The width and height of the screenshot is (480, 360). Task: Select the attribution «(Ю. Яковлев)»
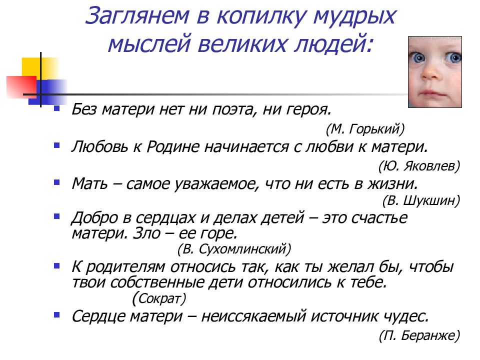coord(419,165)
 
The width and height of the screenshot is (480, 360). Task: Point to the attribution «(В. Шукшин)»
coord(421,200)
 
